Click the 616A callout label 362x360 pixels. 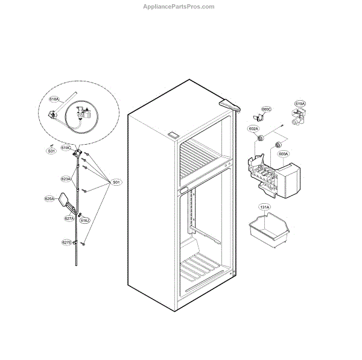tap(54, 99)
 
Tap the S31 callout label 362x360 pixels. tap(52, 151)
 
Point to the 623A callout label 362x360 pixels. tap(66, 179)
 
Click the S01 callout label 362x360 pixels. tap(116, 182)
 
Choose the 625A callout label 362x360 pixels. tap(49, 198)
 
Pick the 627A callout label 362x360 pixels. tap(69, 218)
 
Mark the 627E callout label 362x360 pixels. tap(66, 242)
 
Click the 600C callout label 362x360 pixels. tap(266, 109)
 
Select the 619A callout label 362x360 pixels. tap(300, 104)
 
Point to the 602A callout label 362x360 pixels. tap(253, 128)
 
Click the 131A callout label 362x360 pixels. tap(264, 207)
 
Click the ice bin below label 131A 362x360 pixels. tap(270, 232)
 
